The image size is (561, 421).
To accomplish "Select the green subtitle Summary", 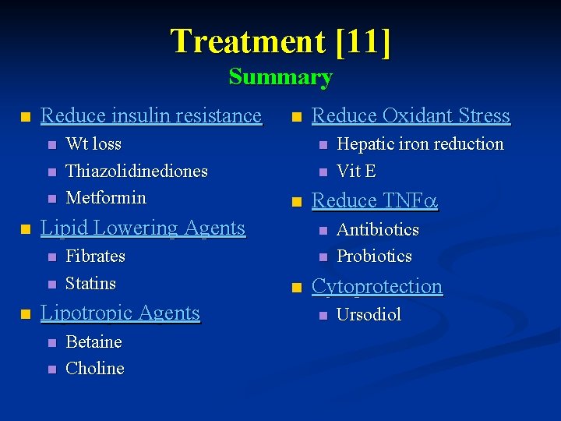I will click(x=280, y=77).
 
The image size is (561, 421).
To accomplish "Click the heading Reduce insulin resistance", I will click(x=150, y=115).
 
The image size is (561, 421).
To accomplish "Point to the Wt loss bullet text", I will click(x=93, y=144).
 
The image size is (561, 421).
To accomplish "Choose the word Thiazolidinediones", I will click(x=136, y=171).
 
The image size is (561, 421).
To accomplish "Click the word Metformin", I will click(x=106, y=197).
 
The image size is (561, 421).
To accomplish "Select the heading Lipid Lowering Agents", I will click(x=143, y=228).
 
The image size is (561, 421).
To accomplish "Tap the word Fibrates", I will click(x=95, y=256).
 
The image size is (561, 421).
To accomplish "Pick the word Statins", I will click(x=90, y=283).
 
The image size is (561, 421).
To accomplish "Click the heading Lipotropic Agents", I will click(x=120, y=313).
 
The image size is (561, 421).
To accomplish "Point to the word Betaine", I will click(x=93, y=342).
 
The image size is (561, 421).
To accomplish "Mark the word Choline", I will click(x=94, y=369).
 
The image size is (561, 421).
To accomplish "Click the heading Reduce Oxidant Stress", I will click(x=411, y=115).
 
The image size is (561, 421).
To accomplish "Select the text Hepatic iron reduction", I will click(x=420, y=144).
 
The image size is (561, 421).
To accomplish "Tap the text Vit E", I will click(x=356, y=171).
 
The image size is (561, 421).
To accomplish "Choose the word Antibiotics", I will click(x=377, y=230).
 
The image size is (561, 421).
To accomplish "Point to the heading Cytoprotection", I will click(x=377, y=286).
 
